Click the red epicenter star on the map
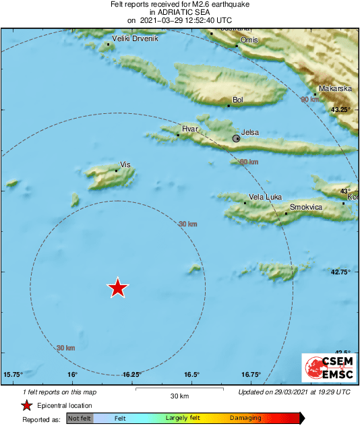tap(118, 288)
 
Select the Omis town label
tap(249, 40)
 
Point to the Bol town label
tap(237, 100)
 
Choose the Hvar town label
tap(189, 128)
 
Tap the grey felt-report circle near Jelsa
tap(236, 138)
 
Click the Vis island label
tap(125, 164)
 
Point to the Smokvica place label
tap(306, 208)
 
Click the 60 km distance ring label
tap(249, 162)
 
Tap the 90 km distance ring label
tap(309, 99)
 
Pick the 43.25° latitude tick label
tap(341, 109)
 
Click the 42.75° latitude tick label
tap(341, 272)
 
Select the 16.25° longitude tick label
tap(132, 374)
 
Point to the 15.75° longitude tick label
tap(13, 374)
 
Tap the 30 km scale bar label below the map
tap(179, 396)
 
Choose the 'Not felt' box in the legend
tap(80, 419)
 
